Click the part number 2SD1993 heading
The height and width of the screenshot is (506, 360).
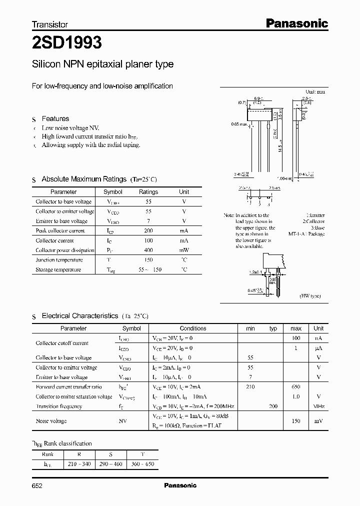tap(67, 43)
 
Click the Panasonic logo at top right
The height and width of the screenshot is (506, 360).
tap(295, 23)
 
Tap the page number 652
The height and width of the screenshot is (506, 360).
tap(38, 485)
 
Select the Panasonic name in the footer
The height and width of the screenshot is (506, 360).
tap(180, 485)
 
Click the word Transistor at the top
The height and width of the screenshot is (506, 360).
tap(50, 24)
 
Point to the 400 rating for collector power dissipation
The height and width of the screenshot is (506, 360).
tap(148, 250)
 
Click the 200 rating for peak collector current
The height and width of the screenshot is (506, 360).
tap(148, 230)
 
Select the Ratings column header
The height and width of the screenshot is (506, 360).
tap(148, 192)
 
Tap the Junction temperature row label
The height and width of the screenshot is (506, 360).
tap(56, 260)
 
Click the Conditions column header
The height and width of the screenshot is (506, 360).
tap(193, 328)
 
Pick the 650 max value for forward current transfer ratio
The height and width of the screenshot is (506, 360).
tap(295, 387)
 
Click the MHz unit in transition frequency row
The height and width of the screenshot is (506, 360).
tap(318, 406)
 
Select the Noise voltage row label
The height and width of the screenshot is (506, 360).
tap(51, 421)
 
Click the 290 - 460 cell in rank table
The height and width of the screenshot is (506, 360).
tap(111, 464)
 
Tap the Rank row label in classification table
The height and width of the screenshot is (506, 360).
tap(48, 454)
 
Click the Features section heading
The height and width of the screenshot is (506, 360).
tap(55, 118)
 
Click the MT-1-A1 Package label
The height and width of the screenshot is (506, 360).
tap(306, 233)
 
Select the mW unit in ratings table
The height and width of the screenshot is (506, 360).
tap(184, 250)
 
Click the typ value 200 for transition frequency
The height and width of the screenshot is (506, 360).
tap(273, 406)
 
